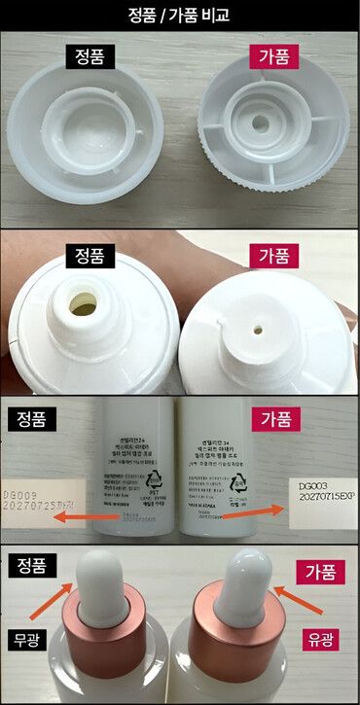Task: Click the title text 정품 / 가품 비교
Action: click(180, 15)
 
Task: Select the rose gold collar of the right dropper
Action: click(241, 644)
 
